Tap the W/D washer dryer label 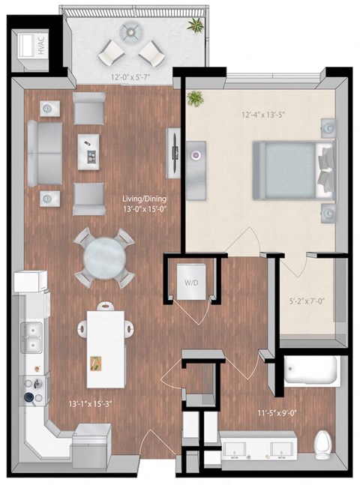(x=191, y=283)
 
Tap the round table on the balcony (x=133, y=33)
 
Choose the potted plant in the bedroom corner (x=196, y=98)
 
